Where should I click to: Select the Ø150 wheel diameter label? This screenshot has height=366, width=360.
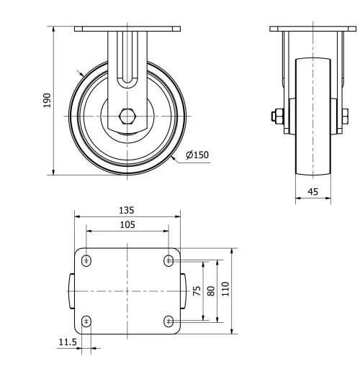[x=197, y=155]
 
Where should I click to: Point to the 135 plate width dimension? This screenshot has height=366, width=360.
[x=127, y=211]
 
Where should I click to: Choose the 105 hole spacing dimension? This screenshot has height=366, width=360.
[x=127, y=224]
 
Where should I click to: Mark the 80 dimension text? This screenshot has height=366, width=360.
[x=211, y=290]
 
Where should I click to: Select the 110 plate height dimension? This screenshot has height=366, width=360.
[x=225, y=290]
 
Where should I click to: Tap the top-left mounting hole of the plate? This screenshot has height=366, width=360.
[x=86, y=260]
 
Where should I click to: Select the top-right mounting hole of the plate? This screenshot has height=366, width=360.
[x=168, y=260]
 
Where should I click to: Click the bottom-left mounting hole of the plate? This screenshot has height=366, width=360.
[x=86, y=321]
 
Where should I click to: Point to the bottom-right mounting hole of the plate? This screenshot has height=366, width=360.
[x=168, y=321]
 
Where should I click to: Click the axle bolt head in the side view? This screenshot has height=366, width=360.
[x=275, y=115]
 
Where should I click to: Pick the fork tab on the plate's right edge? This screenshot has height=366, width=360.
[x=184, y=290]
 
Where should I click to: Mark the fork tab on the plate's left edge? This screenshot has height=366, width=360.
[x=71, y=290]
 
